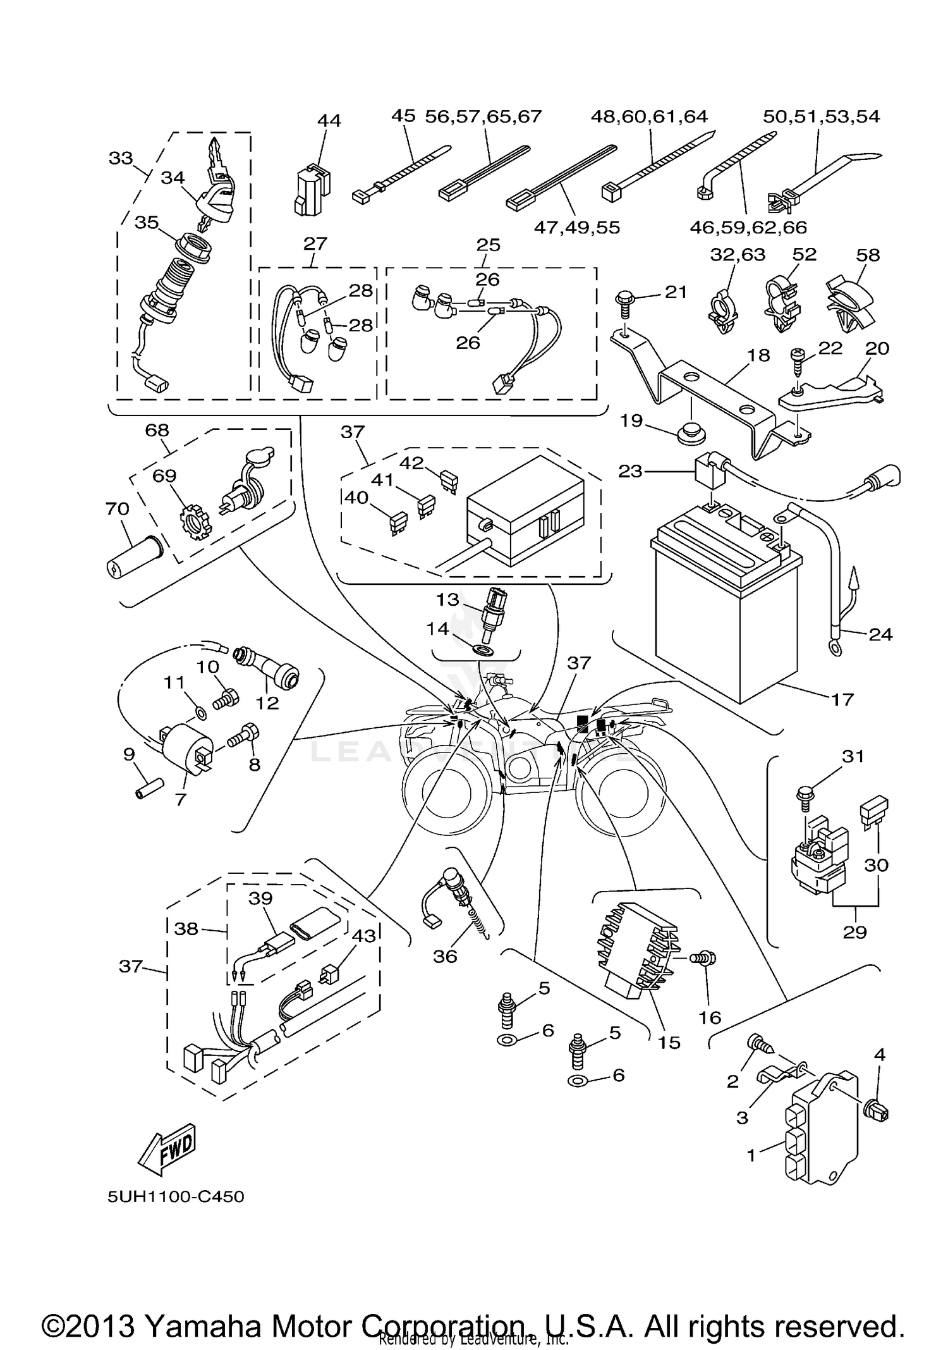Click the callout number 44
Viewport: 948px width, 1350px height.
[329, 120]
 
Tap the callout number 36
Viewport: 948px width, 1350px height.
[445, 957]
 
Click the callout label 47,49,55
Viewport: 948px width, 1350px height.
[576, 227]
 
